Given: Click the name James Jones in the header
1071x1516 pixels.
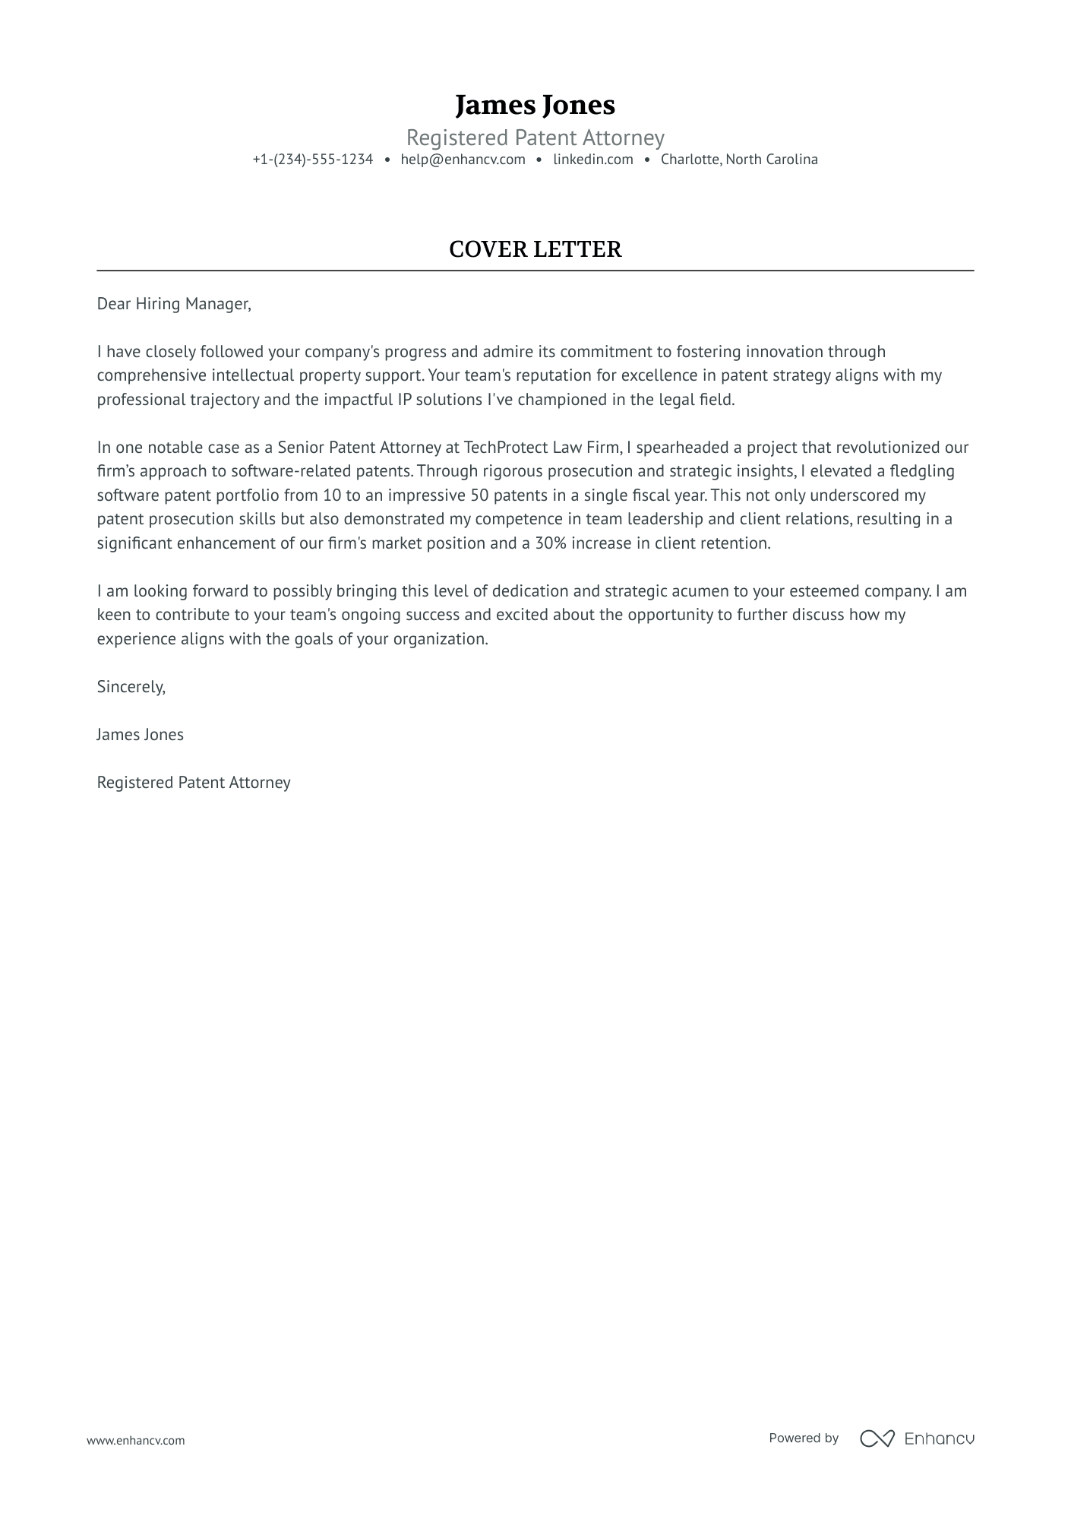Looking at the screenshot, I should point(535,105).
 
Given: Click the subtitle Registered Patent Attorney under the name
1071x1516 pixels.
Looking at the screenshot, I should point(535,138).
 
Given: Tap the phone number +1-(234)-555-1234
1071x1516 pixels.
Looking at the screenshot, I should point(313,160).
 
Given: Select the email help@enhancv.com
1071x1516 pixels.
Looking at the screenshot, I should point(463,160).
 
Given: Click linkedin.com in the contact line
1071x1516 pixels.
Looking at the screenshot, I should point(592,160).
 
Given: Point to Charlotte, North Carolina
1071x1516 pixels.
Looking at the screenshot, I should point(738,160).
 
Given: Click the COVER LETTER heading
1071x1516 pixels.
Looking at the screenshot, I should point(535,249).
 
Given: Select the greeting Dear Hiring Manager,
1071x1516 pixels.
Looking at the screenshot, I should point(173,304).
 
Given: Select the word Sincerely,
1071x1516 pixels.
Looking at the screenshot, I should point(131,687).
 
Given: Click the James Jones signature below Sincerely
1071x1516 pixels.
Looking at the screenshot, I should point(140,735).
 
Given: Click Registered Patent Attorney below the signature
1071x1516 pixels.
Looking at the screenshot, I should point(194,783).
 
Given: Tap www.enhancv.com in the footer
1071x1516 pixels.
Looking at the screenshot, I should point(135,1440).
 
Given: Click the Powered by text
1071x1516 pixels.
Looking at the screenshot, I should point(803,1438).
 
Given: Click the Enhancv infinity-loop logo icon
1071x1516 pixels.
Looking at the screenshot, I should point(877,1438).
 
